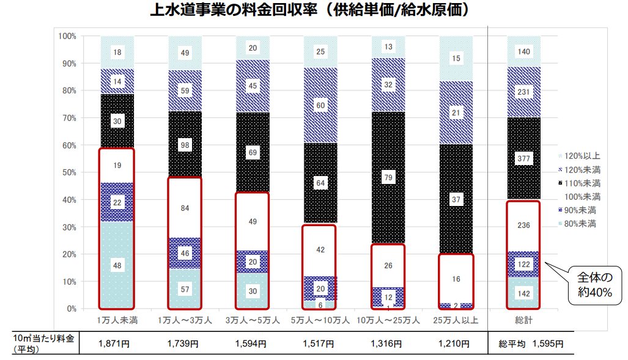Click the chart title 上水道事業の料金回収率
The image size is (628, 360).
(313, 12)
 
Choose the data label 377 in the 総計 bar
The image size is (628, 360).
(523, 159)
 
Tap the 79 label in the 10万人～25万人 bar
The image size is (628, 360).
(388, 178)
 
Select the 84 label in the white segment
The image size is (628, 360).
(185, 208)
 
